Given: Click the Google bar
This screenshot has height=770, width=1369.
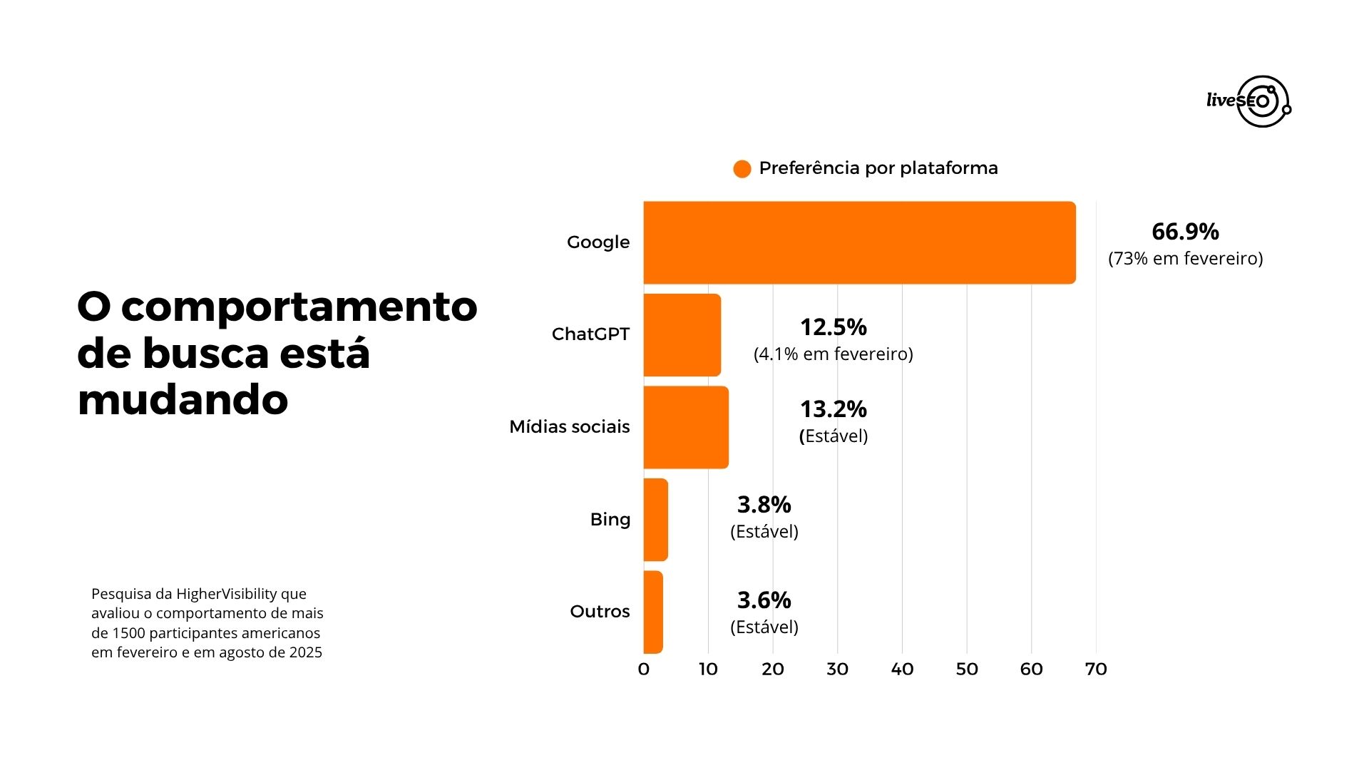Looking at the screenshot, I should click(x=859, y=242).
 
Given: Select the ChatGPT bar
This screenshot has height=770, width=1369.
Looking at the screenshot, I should click(x=682, y=334).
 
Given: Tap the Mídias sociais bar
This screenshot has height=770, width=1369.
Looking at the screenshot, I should click(x=686, y=427).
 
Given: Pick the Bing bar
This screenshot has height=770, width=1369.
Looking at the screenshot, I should click(x=655, y=519).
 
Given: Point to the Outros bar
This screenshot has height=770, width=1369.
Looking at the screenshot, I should click(x=653, y=612).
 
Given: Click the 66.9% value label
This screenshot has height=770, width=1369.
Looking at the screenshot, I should click(x=1185, y=232).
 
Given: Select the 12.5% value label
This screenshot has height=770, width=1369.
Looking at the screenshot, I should click(x=833, y=327).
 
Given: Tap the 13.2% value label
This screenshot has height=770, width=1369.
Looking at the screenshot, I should click(x=833, y=409).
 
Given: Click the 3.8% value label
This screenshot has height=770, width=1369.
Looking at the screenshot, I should click(x=764, y=505).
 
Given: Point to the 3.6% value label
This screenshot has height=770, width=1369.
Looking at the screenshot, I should click(x=764, y=600).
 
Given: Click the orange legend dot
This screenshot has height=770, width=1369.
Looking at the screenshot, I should click(x=742, y=169).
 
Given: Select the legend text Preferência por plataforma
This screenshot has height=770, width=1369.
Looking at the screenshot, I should click(x=878, y=168).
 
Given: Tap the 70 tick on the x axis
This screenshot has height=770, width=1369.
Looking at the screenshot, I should click(x=1095, y=669).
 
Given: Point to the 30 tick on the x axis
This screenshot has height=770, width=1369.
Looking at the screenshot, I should click(x=837, y=669).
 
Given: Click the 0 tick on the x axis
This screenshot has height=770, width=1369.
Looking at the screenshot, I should click(x=643, y=669).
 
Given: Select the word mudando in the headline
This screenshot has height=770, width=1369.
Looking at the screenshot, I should click(x=183, y=400).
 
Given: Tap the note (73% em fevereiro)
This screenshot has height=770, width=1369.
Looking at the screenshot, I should click(x=1185, y=258).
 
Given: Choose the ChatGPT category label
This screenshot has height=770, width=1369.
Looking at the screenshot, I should click(x=590, y=334).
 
